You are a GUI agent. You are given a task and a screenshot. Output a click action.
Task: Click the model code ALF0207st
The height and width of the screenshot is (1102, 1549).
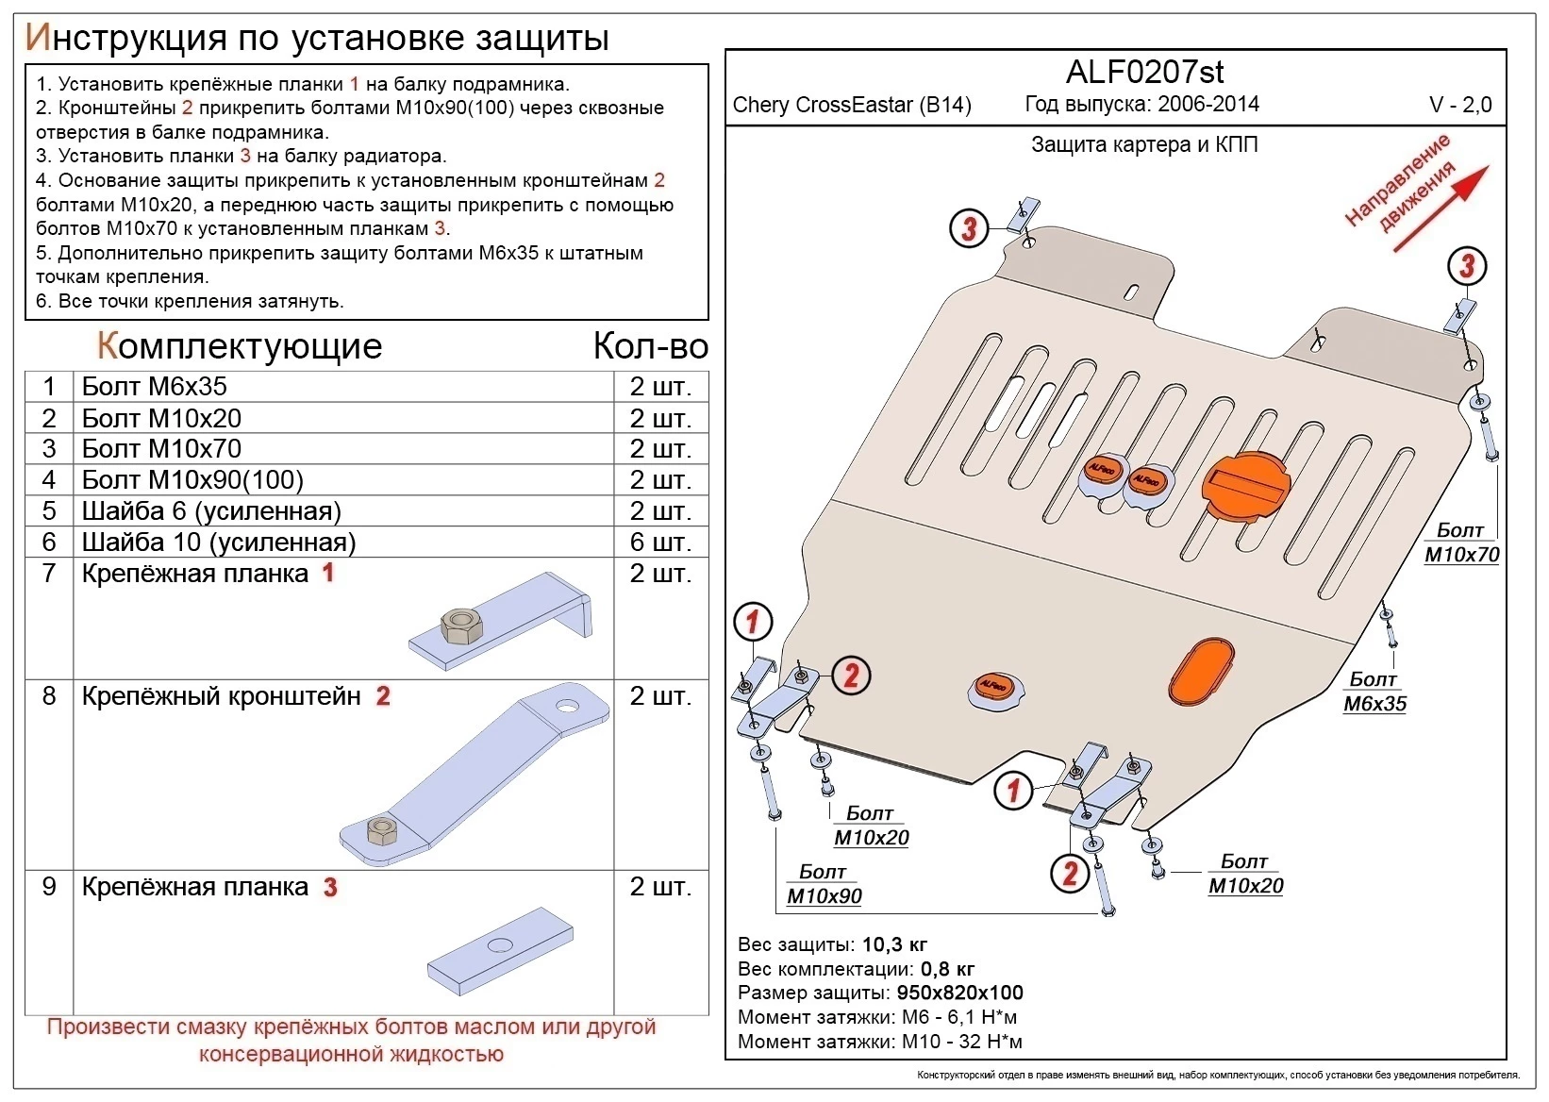click(x=1145, y=72)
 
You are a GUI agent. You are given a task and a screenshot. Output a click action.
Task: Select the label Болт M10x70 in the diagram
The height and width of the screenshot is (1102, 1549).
click(x=1461, y=543)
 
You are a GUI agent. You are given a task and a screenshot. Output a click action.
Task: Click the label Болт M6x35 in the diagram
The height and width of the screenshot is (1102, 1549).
click(x=1374, y=692)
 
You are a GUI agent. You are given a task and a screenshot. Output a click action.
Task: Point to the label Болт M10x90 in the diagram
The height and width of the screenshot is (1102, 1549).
click(x=824, y=885)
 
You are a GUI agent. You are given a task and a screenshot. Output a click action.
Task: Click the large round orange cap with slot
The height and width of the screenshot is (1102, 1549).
click(x=1244, y=485)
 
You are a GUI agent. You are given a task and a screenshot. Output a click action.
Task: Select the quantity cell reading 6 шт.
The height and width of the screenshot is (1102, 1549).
click(x=660, y=543)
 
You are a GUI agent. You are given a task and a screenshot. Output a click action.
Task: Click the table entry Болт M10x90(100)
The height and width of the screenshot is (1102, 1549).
click(x=192, y=480)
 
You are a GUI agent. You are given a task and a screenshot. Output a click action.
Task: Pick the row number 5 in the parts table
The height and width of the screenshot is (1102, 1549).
click(x=49, y=511)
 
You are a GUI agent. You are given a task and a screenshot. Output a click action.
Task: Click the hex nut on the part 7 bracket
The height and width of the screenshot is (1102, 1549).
click(x=461, y=626)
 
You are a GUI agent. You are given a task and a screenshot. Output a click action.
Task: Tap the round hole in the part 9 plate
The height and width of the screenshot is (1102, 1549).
click(x=500, y=946)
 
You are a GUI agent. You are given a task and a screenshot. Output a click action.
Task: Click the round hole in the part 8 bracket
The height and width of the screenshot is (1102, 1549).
click(x=568, y=706)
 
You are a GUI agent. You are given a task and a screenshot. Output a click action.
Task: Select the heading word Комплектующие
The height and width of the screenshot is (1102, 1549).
click(x=240, y=346)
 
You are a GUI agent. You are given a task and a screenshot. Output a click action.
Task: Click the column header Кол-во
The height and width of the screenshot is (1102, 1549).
click(x=650, y=346)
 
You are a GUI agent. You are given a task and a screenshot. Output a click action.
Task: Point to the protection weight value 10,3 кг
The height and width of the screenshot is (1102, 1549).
click(x=893, y=944)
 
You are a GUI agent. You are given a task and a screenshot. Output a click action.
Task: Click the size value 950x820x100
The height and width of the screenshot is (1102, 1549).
click(x=958, y=993)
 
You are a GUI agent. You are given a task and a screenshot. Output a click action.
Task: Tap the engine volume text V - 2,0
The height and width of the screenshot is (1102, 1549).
click(x=1460, y=106)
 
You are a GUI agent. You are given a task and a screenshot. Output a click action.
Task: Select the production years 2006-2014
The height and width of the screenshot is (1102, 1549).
click(x=1208, y=104)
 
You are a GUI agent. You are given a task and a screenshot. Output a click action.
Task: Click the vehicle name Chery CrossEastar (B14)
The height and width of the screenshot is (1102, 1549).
click(x=852, y=105)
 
